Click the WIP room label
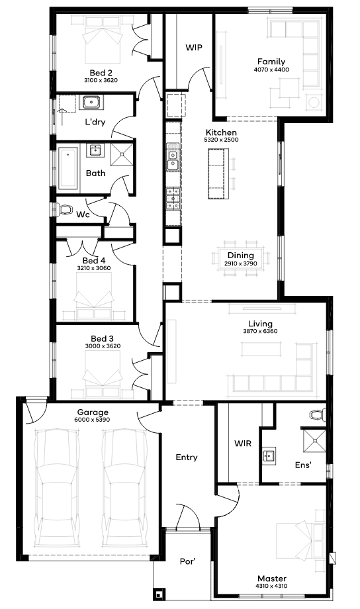(193, 48)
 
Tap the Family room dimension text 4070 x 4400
(271, 70)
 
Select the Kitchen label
(221, 132)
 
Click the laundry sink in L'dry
(91, 103)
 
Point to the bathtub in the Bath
(68, 169)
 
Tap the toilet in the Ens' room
(318, 414)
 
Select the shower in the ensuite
(314, 440)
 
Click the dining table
(241, 258)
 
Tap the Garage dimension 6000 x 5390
(92, 420)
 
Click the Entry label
(187, 457)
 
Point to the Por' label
(187, 561)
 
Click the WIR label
(243, 443)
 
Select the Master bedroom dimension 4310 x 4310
(272, 586)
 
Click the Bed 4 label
(93, 260)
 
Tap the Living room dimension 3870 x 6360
(260, 331)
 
